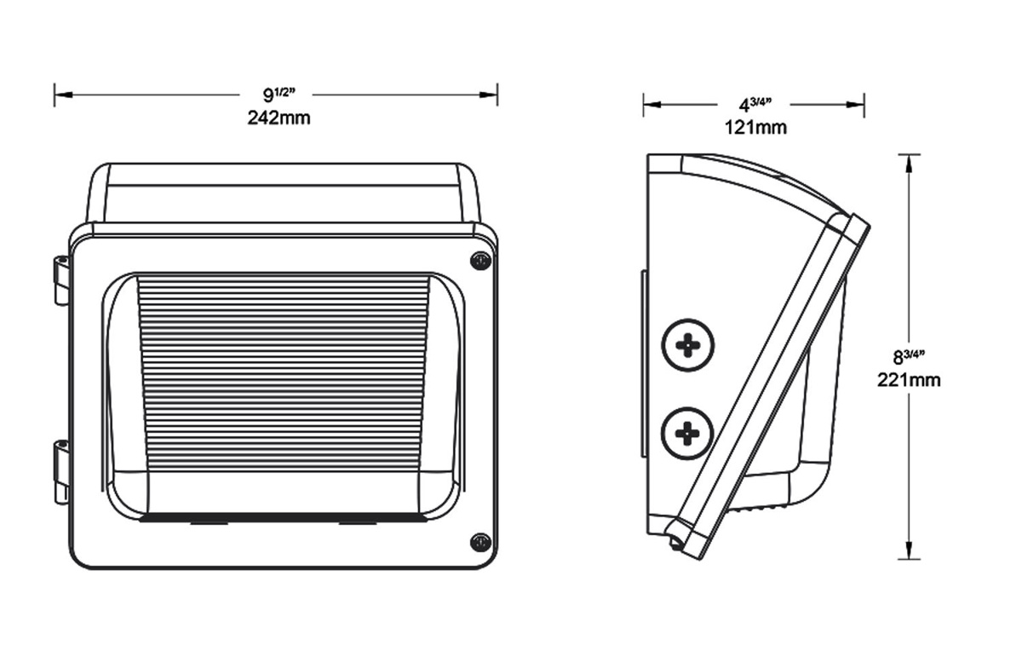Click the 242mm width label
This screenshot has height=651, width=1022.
(278, 118)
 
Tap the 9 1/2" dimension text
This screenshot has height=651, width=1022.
(278, 94)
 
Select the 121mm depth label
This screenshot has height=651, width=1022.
(755, 128)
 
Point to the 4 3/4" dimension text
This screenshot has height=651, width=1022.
(755, 105)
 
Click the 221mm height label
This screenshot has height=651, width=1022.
(909, 380)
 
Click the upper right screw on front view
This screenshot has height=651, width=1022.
(480, 261)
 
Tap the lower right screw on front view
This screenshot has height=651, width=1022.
(480, 541)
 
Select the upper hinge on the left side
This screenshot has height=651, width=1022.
(60, 279)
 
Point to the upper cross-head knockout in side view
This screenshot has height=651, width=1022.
(687, 345)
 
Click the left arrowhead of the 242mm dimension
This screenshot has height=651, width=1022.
(60, 94)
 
